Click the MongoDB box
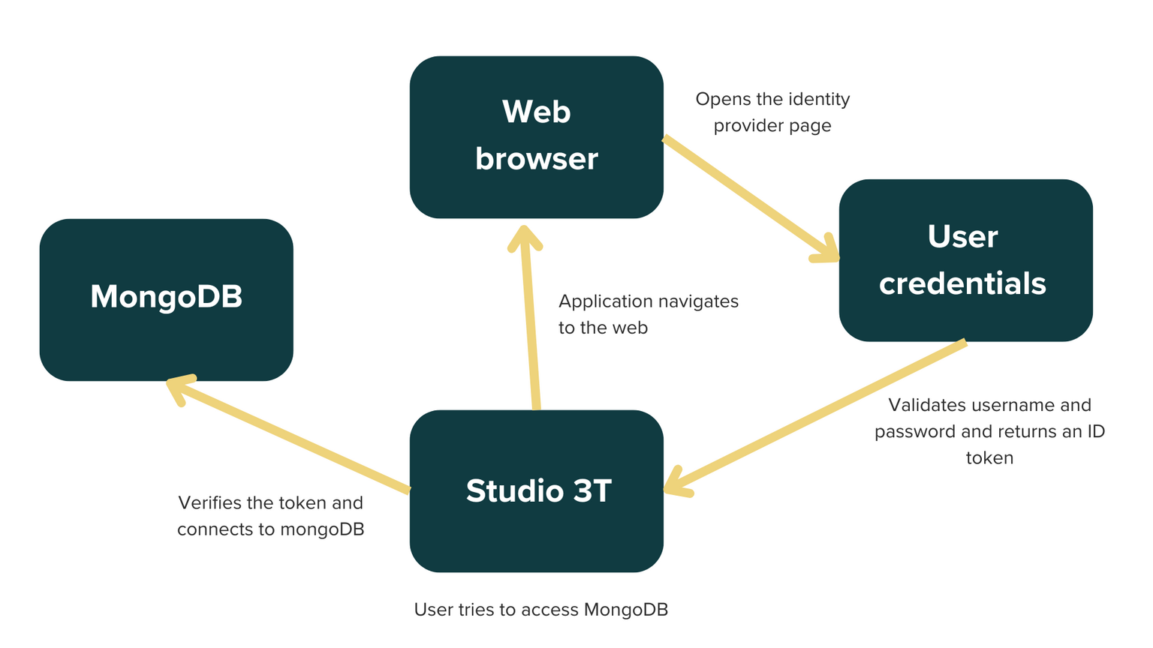[166, 300]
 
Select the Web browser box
[536, 137]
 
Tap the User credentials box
[965, 260]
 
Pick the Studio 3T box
[536, 491]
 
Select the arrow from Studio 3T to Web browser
[531, 322]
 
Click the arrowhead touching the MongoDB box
[179, 385]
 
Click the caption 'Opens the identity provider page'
[772, 112]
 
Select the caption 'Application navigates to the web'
[648, 314]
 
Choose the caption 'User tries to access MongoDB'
[540, 610]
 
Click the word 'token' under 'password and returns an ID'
[989, 458]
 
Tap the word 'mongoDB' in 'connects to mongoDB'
[322, 529]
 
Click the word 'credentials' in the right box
[962, 284]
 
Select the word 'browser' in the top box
[536, 159]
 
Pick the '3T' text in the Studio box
[593, 491]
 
